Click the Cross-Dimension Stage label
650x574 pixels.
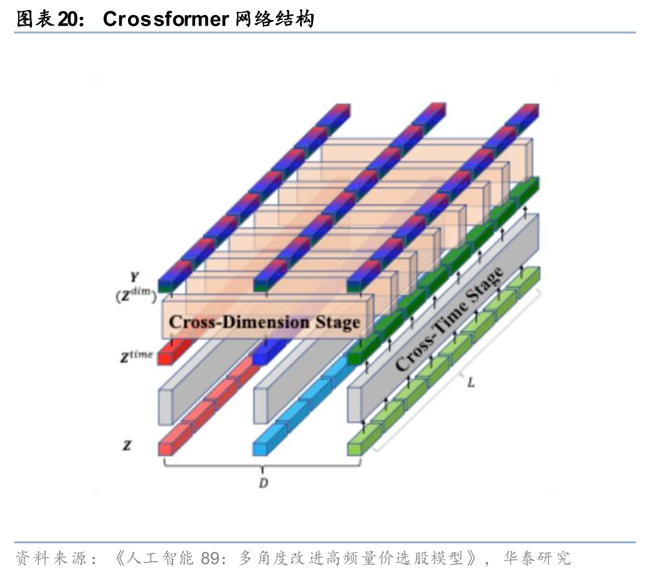(264, 323)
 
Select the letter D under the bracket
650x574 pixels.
(264, 483)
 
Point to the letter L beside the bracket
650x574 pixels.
(471, 382)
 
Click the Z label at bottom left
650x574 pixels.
(127, 446)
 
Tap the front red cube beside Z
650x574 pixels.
(166, 447)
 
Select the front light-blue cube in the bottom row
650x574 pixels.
(260, 447)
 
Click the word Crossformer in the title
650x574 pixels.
(165, 19)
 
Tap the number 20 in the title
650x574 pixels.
(68, 19)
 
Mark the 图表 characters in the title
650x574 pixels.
(35, 19)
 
